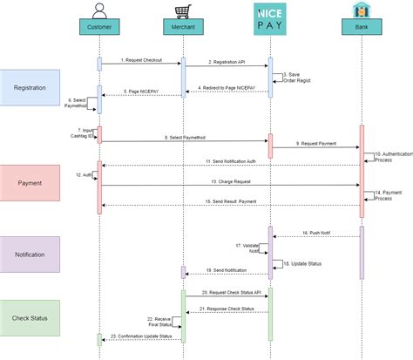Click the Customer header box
(99, 28)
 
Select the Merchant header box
(183, 28)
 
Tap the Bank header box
(361, 28)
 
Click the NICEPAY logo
(269, 17)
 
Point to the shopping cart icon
(183, 10)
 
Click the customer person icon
(99, 10)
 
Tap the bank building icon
(361, 10)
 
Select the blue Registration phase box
(30, 87)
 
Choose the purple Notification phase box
(30, 254)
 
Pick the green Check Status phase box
(30, 317)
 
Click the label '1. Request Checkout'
(141, 59)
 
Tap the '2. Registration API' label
(227, 62)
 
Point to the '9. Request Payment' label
(316, 143)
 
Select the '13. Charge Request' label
(230, 181)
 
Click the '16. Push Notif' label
(316, 233)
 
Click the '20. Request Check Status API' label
(227, 292)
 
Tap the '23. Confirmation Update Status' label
(141, 336)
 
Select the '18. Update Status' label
(301, 262)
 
